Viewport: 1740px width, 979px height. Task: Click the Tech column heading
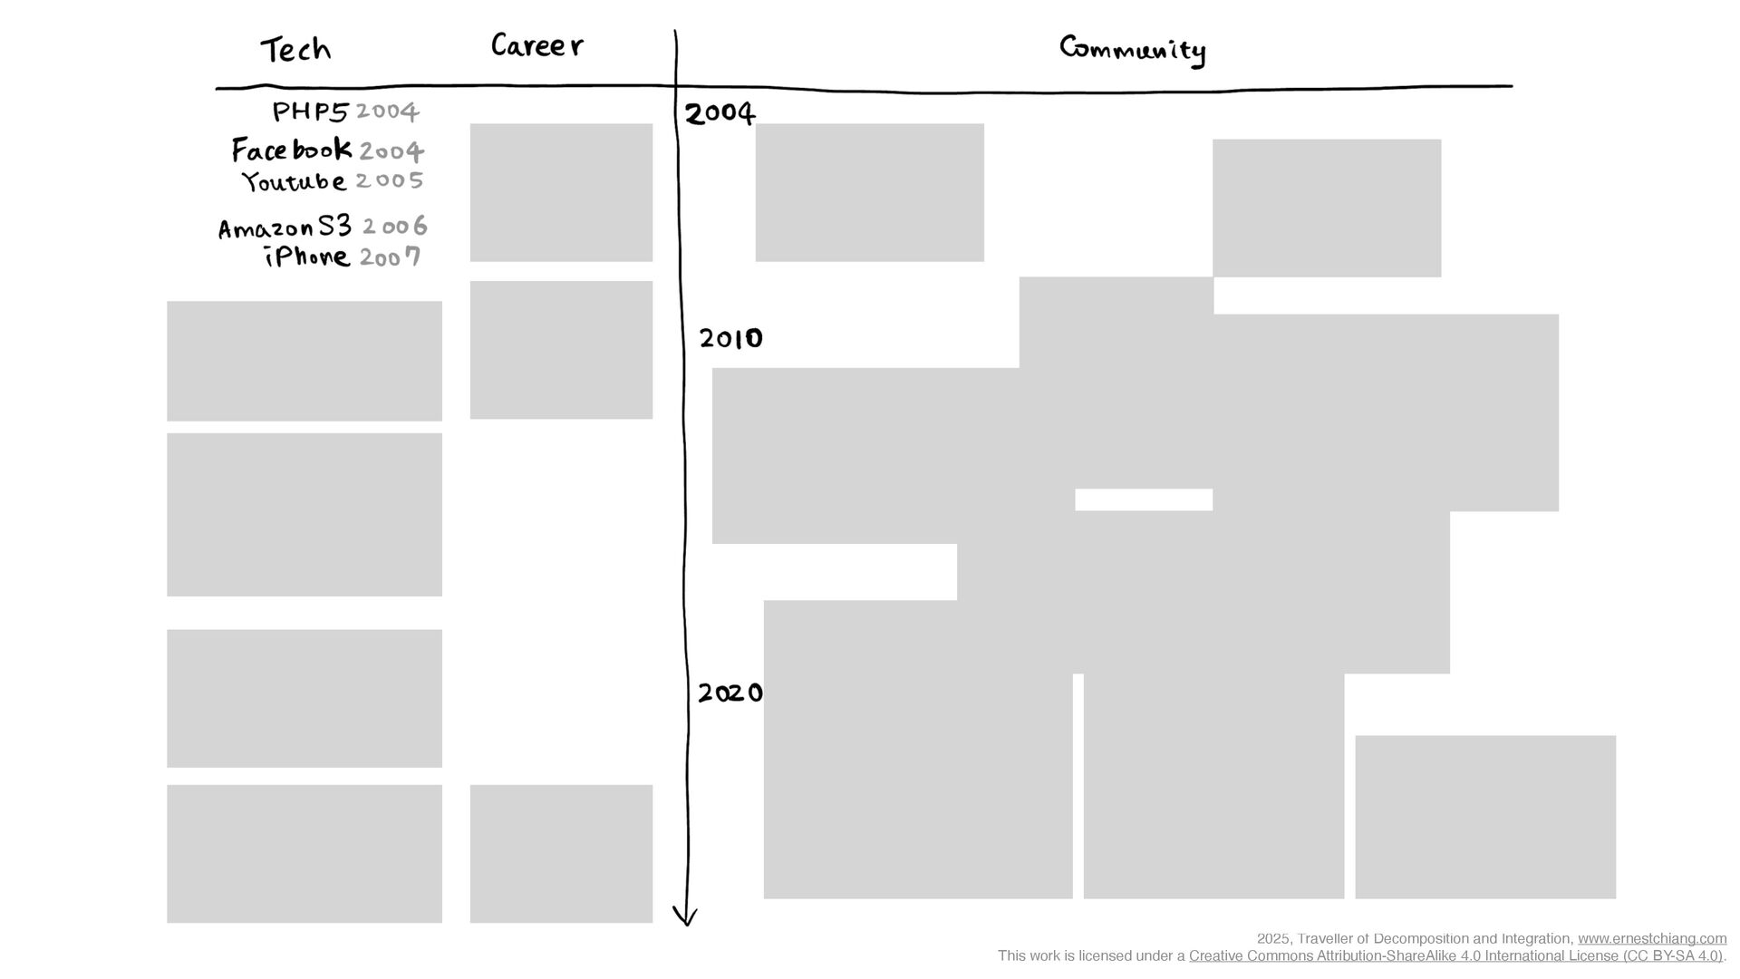[x=295, y=49]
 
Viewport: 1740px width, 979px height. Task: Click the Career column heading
[x=536, y=45]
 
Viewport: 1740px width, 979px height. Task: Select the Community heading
[x=1133, y=50]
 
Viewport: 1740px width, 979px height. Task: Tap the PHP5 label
[x=311, y=111]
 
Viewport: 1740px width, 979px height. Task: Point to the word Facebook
[x=292, y=149]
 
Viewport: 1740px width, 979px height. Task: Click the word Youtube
[x=294, y=181]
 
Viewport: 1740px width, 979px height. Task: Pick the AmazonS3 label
[x=285, y=227]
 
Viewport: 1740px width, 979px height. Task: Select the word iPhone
[x=307, y=257]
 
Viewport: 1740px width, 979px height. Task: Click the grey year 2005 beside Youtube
[x=390, y=180]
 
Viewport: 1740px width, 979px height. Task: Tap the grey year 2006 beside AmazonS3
[x=394, y=226]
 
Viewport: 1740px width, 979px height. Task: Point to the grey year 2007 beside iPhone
[x=390, y=257]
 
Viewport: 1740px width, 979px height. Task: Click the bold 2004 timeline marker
[x=720, y=113]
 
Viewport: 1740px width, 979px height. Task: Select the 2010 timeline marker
[x=730, y=338]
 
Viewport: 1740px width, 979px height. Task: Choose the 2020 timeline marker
[x=730, y=693]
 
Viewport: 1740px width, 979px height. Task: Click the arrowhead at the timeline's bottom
[x=686, y=925]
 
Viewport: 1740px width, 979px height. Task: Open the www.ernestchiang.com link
[x=1652, y=939]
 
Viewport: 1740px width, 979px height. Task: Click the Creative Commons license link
[x=1455, y=956]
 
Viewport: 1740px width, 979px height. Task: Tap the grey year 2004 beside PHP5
[x=387, y=111]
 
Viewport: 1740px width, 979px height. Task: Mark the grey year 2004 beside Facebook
[x=391, y=150]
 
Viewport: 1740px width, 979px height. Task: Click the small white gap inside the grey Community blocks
[x=1144, y=499]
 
